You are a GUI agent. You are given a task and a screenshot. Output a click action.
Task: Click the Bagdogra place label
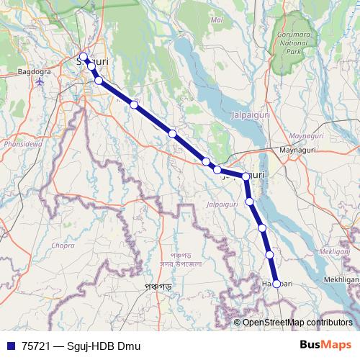pos(33,73)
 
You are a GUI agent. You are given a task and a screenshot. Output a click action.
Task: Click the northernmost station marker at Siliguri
pos(83,57)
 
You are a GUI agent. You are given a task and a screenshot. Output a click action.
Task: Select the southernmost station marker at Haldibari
pos(276,284)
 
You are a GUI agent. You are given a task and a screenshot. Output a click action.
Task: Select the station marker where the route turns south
pos(246,176)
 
